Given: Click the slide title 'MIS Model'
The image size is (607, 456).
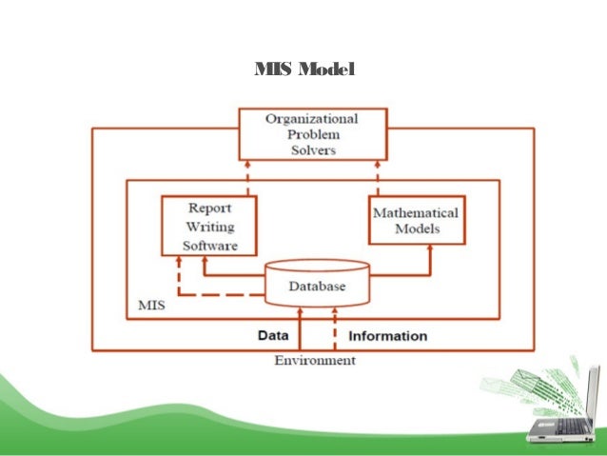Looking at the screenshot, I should coord(303,70).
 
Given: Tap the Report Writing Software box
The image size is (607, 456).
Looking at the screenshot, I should coord(209,226).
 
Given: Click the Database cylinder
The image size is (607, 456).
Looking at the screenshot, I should coord(318,284).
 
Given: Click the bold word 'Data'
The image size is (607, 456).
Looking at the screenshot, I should coord(274,335).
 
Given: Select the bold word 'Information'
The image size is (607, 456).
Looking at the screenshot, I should coord(388,335).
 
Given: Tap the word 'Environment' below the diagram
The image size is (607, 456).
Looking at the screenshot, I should coord(315,361).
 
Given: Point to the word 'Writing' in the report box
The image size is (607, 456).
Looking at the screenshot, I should coord(209,227).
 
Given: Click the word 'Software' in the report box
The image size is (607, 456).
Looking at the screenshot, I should coord(209,245).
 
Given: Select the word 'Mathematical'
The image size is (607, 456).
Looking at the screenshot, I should coord(415,213).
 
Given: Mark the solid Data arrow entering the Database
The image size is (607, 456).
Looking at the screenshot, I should coord(301,328).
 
